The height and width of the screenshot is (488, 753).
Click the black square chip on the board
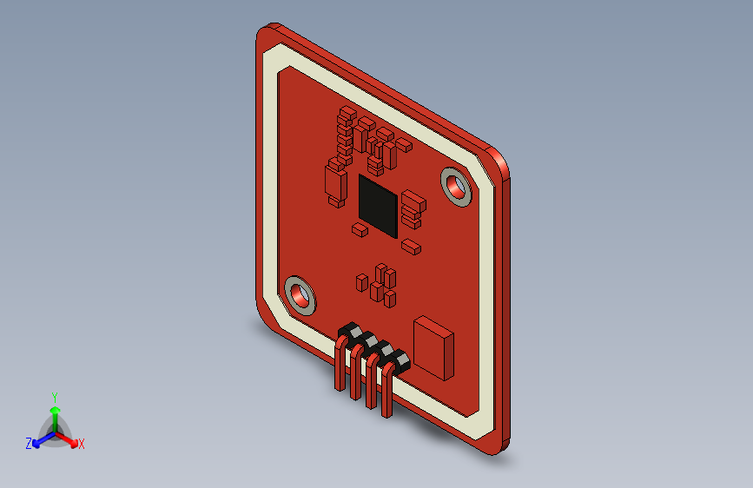point(378,206)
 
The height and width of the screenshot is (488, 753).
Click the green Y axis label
point(54,395)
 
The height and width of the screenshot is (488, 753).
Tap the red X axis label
point(81,444)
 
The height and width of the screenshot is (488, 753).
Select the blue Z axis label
point(29,443)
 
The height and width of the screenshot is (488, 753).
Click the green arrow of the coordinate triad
point(54,412)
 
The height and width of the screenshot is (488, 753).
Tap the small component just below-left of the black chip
point(358,230)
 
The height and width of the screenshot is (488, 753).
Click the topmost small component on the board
point(346,113)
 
